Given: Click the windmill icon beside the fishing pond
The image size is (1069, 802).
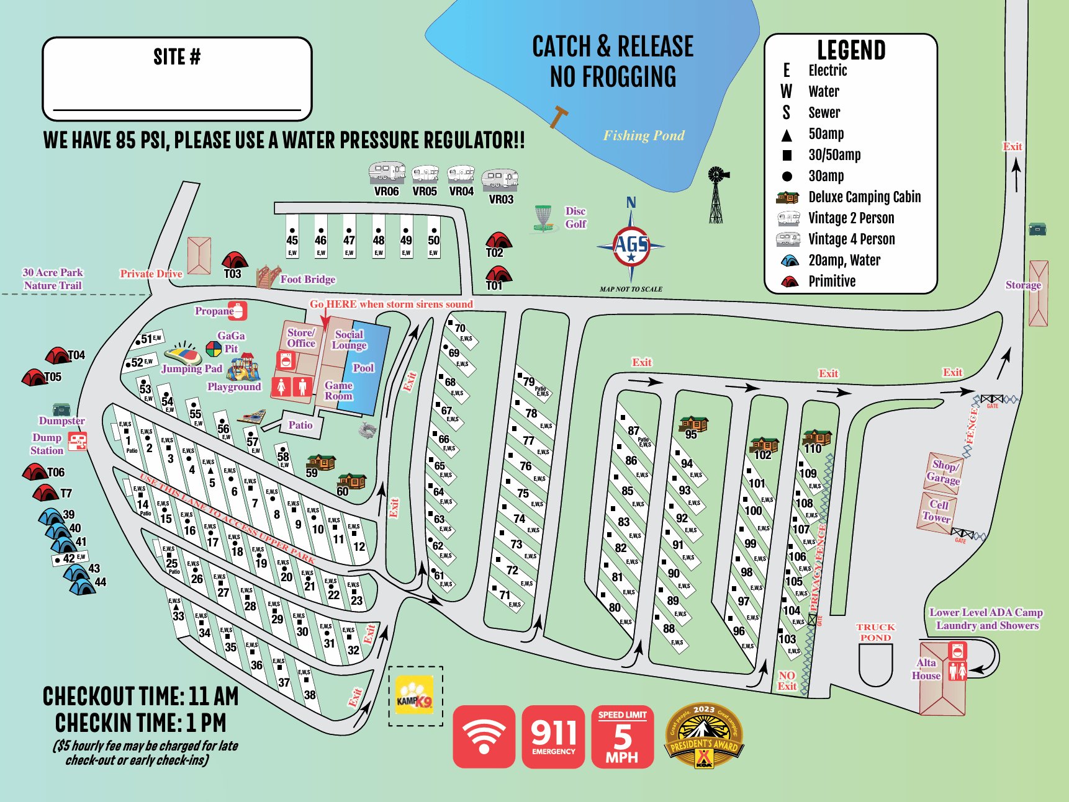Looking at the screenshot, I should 716,194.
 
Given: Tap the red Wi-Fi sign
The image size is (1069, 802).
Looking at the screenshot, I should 484,736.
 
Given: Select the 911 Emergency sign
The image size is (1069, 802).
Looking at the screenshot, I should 553,736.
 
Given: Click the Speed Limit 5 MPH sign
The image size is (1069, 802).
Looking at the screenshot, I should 622,736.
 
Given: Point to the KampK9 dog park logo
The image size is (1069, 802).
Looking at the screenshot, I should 415,695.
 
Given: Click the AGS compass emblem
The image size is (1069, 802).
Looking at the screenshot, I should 631,246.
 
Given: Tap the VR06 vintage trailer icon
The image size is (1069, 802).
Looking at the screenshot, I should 387,172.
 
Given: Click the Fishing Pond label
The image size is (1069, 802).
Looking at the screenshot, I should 644,135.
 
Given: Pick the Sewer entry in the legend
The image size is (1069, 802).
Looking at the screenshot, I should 823,113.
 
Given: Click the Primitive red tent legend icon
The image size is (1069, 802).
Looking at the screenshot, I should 789,281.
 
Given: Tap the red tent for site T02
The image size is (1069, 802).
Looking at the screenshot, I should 498,240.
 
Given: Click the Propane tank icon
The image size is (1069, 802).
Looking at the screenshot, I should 238,310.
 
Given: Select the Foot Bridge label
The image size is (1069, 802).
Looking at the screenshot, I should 307,279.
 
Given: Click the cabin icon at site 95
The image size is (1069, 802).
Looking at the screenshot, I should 694,424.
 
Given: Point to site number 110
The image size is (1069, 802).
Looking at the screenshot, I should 813,448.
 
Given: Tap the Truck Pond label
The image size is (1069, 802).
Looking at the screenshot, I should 875,632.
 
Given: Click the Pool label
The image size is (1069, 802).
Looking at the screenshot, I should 363,368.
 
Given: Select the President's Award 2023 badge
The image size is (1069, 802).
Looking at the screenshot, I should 704,736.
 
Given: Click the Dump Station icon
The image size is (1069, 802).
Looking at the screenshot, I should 78,442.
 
